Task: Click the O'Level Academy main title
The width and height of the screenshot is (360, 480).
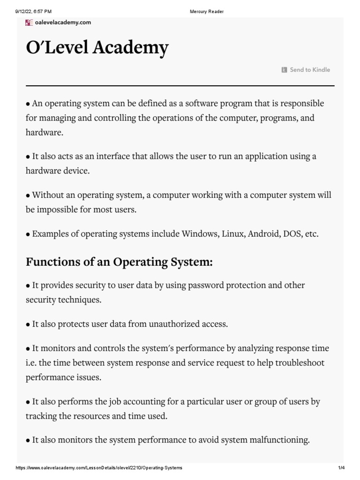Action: tap(97, 48)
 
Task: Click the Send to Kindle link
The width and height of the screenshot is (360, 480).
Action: tap(310, 70)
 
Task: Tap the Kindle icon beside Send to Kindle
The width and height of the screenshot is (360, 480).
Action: tap(285, 70)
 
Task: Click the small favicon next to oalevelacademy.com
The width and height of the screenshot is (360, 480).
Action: tap(29, 22)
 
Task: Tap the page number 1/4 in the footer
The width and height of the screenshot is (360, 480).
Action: tap(341, 468)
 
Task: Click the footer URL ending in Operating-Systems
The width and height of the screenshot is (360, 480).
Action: tap(99, 468)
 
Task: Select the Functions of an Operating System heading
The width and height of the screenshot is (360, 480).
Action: tap(119, 262)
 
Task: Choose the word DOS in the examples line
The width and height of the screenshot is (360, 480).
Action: tap(292, 233)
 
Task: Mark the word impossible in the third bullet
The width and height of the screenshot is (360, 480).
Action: tap(55, 209)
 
